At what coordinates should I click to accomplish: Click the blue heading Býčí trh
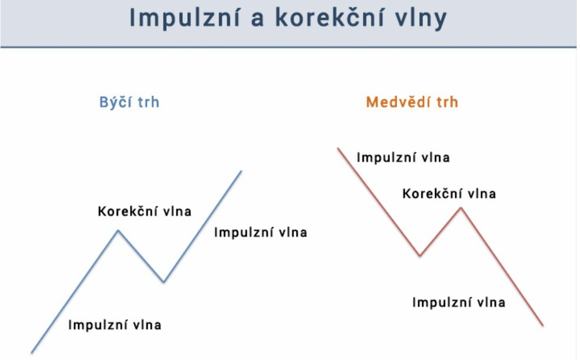tap(129, 102)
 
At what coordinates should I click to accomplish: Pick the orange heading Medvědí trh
tap(412, 102)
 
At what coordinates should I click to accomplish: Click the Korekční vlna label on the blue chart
tap(145, 212)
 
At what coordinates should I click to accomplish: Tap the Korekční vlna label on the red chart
tap(449, 194)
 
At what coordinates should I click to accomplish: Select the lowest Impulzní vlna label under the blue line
tap(115, 325)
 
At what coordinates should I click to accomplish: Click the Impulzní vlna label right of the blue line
tap(261, 232)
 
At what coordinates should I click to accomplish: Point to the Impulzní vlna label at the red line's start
tap(403, 157)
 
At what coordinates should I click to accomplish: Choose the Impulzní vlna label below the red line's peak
tap(459, 302)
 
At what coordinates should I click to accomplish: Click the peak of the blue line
tap(118, 230)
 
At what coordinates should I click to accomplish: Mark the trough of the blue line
tap(164, 281)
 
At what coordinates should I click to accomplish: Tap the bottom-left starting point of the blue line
tap(32, 353)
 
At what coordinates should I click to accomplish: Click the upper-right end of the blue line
tap(241, 170)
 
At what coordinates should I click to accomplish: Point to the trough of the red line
tap(420, 256)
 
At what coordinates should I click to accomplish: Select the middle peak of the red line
tap(461, 208)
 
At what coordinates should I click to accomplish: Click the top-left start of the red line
tap(338, 149)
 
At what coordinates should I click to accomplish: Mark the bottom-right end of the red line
tap(543, 325)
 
